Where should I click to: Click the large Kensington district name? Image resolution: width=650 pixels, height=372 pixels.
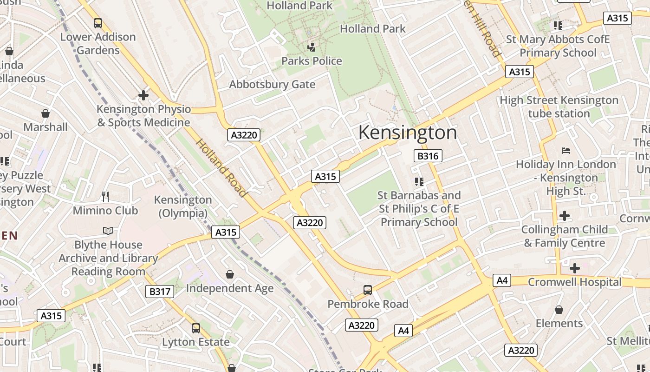(408, 133)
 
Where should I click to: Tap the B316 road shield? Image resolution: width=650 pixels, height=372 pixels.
(428, 156)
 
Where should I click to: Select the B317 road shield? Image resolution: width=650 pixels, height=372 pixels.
(160, 292)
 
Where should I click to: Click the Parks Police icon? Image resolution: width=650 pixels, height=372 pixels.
(312, 47)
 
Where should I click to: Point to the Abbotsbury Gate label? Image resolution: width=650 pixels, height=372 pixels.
(272, 85)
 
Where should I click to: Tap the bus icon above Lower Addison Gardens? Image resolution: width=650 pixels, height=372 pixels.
(98, 23)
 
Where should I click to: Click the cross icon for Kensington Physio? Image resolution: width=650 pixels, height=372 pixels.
(143, 95)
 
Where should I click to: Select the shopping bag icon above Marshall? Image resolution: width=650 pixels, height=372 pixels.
(45, 113)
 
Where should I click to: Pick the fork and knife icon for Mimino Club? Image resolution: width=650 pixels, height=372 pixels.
(105, 197)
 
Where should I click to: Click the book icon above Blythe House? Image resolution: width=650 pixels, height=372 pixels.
(108, 231)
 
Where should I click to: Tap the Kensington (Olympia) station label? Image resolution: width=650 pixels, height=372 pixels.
(183, 206)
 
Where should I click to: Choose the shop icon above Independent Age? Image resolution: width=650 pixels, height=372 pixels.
(229, 274)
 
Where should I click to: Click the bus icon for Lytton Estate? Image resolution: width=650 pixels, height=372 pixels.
(195, 328)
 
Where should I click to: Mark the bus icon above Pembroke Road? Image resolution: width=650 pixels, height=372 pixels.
(368, 290)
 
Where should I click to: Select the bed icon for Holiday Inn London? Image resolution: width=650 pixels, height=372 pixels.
(566, 150)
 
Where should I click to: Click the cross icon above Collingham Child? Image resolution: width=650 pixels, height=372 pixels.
(565, 216)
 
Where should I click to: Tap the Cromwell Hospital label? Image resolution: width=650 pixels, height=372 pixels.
(574, 282)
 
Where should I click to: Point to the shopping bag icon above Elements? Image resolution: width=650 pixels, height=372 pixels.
(559, 310)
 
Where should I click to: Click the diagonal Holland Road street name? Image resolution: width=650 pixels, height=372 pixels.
(221, 167)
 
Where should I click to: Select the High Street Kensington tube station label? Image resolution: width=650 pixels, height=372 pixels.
(559, 107)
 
